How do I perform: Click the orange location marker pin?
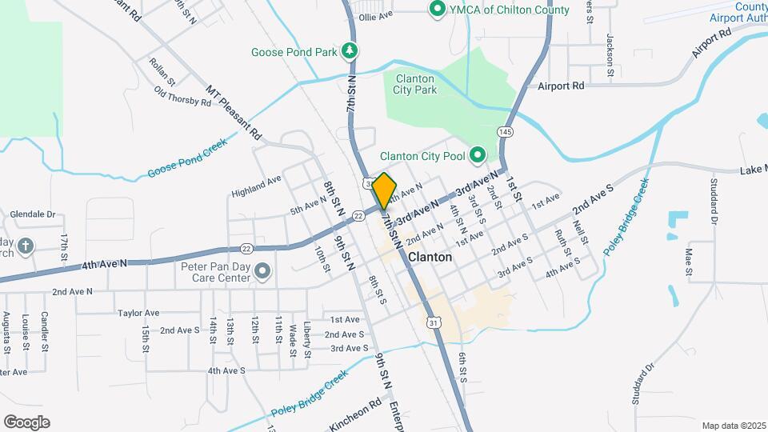coord(384,190)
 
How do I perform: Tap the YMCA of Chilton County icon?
coord(438,10)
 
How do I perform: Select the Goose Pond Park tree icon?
coord(349,52)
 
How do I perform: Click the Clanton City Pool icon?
coord(478,154)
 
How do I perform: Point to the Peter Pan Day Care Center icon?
coord(262,273)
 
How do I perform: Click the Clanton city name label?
coord(430,258)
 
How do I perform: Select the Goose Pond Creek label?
coord(188,158)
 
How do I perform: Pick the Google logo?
coord(26,422)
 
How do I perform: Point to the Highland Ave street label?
coord(256,186)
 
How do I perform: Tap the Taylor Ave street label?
coord(138,313)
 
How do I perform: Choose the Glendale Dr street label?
coord(33,214)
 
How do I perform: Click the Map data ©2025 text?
coord(733,426)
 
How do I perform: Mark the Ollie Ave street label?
coord(377,15)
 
